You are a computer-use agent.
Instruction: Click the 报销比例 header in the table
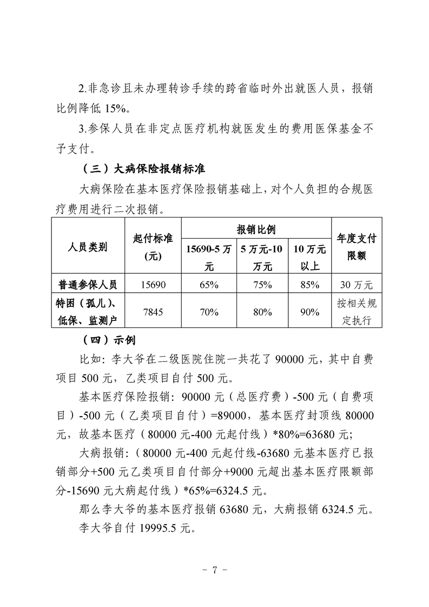pyautogui.click(x=256, y=229)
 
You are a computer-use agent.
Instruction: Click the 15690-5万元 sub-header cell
pyautogui.click(x=209, y=258)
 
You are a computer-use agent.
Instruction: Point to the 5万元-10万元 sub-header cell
pyautogui.click(x=262, y=258)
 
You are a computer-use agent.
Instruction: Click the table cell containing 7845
pyautogui.click(x=153, y=312)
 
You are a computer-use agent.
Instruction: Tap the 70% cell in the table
pyautogui.click(x=209, y=312)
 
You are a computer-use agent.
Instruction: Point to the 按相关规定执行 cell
pyautogui.click(x=357, y=312)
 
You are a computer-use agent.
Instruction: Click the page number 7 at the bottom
pyautogui.click(x=215, y=570)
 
